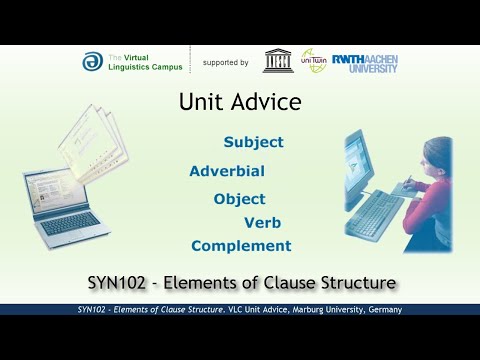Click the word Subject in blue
tap(253, 142)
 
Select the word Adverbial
tap(226, 170)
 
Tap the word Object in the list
tap(239, 198)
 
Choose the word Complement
tap(241, 246)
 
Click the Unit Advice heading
tap(239, 102)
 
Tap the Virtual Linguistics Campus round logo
tap(92, 61)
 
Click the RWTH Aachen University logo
tap(365, 61)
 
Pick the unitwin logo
tap(313, 60)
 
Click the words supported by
tap(225, 62)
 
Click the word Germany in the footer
tap(382, 310)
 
